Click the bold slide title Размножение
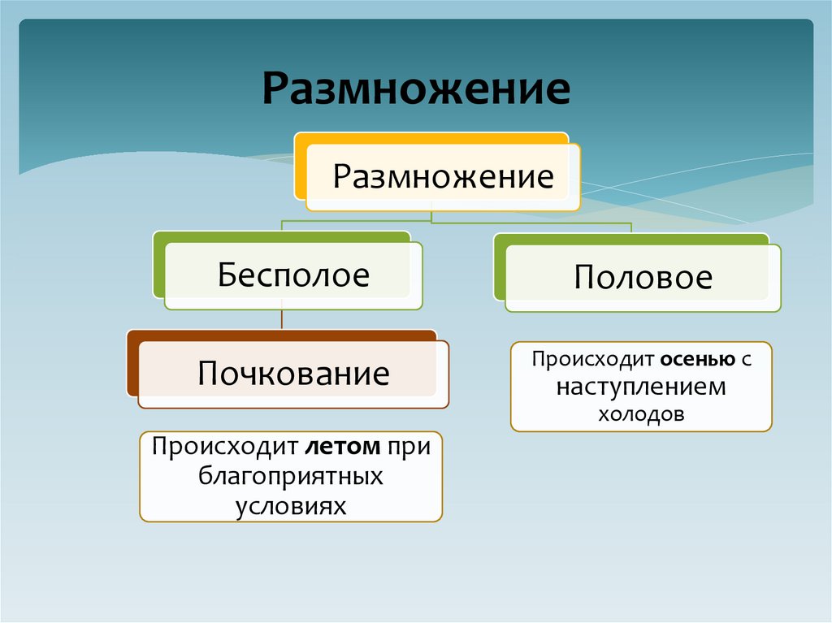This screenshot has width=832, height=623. tap(415, 90)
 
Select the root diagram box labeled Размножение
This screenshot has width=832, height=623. tap(444, 176)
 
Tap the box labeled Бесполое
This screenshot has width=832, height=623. tap(293, 275)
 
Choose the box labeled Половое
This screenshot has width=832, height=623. tap(643, 278)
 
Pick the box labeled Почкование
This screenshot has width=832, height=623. tap(293, 374)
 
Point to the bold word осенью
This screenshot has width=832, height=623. tap(691, 359)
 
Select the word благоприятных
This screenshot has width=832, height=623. tap(291, 476)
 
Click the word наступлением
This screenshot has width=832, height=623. tap(641, 387)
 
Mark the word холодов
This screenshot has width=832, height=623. tap(641, 413)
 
